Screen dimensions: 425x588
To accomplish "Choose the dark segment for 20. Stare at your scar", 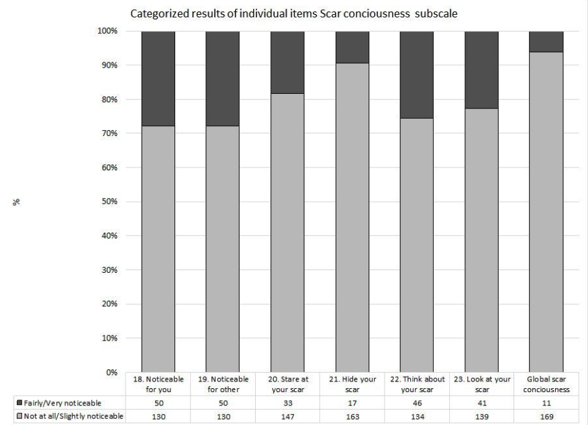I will (287, 62).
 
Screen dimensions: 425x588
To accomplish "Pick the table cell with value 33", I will (287, 402).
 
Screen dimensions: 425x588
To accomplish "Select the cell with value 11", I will (546, 402).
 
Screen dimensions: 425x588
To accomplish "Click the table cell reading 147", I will (287, 416).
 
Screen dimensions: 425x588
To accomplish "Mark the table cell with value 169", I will (546, 416).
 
